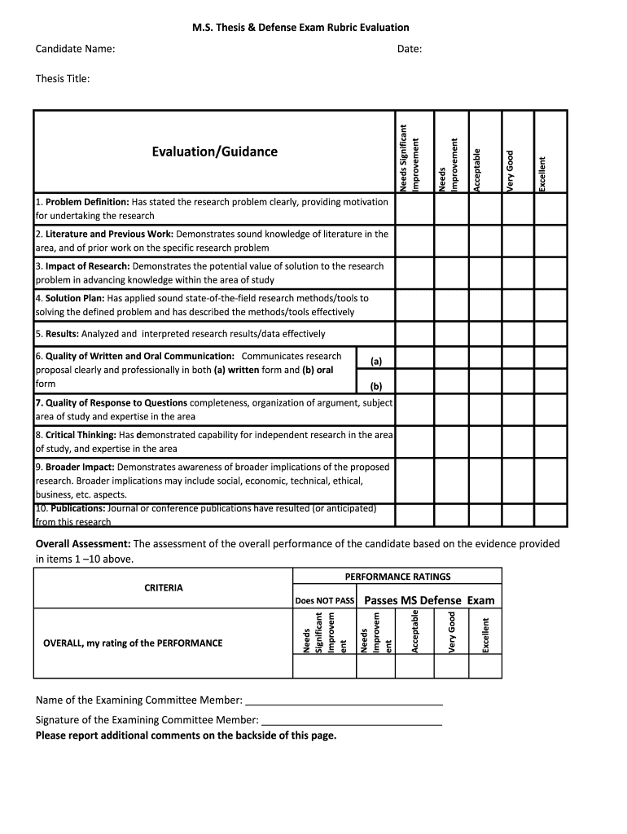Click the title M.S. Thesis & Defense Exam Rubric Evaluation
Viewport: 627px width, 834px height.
coord(312,28)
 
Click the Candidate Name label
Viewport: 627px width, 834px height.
coord(75,49)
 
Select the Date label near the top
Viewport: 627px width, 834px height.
coord(410,49)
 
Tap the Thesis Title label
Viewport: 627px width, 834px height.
coord(63,78)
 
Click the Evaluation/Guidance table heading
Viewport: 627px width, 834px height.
coord(214,151)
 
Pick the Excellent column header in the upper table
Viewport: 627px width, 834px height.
coord(542,173)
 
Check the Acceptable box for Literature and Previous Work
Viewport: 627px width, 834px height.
coord(485,240)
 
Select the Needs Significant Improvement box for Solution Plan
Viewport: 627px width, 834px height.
coord(414,305)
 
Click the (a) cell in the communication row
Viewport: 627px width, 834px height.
coord(375,360)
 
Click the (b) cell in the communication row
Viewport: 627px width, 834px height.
coord(375,386)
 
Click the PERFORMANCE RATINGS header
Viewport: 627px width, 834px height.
coord(397,577)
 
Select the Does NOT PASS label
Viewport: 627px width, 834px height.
coord(325,601)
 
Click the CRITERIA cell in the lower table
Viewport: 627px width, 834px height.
coord(164,587)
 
